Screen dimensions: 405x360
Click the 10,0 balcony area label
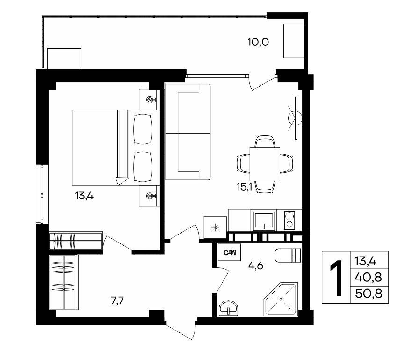258,42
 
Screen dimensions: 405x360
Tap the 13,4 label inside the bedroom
84,196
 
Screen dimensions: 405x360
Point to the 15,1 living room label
244,186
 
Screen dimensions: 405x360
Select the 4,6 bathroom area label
255,265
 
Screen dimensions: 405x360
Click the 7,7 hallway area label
117,301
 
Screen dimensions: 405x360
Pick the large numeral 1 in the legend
337,278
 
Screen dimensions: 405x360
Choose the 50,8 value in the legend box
369,294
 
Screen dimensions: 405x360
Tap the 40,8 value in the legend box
369,278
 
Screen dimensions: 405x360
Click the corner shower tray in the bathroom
280,300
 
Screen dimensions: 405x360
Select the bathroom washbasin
229,308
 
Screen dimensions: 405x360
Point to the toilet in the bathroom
288,255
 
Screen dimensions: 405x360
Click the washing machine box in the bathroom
229,252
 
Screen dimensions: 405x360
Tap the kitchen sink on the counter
264,220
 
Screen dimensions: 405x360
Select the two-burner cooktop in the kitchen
289,220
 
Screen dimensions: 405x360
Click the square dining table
265,164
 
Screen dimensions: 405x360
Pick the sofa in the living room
188,132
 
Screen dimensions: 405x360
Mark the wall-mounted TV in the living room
296,118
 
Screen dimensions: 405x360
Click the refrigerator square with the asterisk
215,228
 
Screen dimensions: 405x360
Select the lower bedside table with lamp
149,196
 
